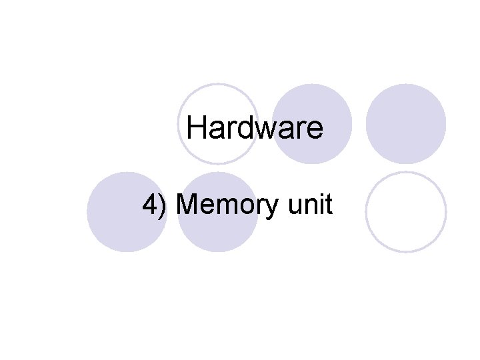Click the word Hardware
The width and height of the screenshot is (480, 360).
pyautogui.click(x=255, y=127)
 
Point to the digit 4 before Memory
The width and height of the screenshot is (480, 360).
pyautogui.click(x=150, y=205)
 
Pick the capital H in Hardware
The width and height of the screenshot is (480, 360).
pyautogui.click(x=196, y=127)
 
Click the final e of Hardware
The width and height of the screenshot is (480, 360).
pyautogui.click(x=315, y=129)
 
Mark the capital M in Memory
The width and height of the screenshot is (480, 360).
pyautogui.click(x=189, y=205)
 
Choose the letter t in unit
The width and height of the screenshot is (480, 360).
pyautogui.click(x=328, y=205)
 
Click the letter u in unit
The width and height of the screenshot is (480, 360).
pyautogui.click(x=294, y=207)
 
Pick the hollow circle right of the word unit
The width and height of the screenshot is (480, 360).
pyautogui.click(x=406, y=212)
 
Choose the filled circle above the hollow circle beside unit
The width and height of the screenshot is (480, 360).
pyautogui.click(x=406, y=124)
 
